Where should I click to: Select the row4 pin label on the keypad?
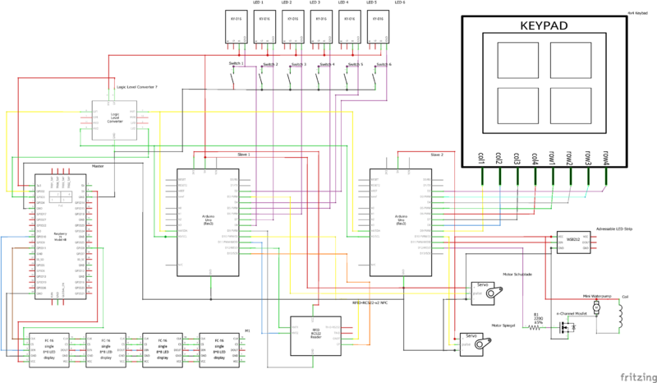(x=605, y=158)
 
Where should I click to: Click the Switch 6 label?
(x=384, y=63)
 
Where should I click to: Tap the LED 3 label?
(x=315, y=2)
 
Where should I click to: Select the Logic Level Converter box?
(x=115, y=117)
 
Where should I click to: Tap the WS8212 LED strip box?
(x=575, y=240)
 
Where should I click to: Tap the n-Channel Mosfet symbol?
(x=564, y=326)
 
